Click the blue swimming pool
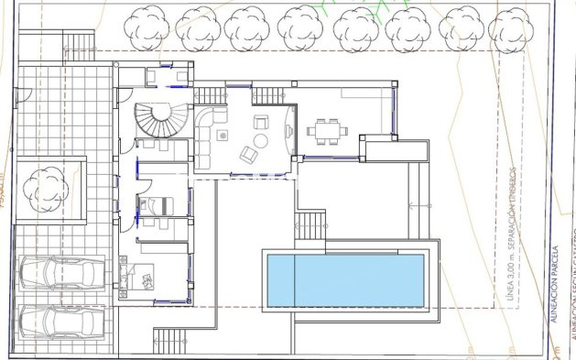(345, 280)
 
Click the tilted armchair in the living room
(248, 155)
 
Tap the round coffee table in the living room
(260, 140)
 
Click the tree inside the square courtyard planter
(43, 190)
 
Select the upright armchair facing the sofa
(261, 121)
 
